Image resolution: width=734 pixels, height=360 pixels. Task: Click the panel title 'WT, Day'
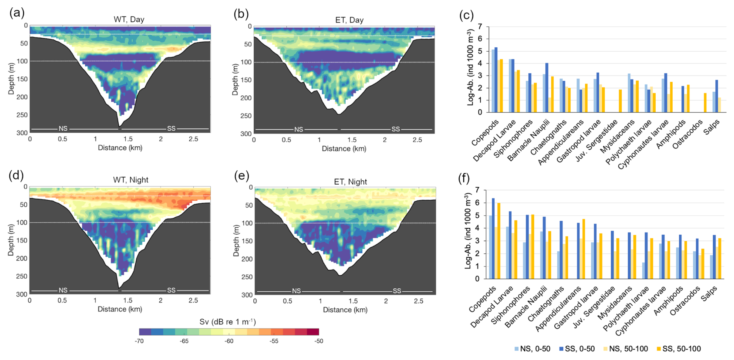pos(129,19)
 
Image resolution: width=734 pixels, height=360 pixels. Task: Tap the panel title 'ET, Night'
pos(350,182)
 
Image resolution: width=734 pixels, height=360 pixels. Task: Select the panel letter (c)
pos(466,15)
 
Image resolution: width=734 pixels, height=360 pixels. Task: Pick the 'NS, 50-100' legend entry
pos(625,349)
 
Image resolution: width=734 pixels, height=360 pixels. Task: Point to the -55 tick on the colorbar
pos(274,341)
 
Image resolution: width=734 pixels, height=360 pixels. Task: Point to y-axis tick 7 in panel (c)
pos(480,27)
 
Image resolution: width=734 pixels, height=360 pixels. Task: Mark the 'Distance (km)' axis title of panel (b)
pos(344,149)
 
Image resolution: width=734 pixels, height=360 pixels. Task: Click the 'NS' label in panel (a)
pos(63,128)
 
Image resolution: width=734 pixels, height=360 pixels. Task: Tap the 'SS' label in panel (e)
pos(397,291)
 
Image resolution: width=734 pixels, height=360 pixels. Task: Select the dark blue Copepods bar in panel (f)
pos(493,239)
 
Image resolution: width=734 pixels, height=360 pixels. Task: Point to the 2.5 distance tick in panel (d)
pos(193,300)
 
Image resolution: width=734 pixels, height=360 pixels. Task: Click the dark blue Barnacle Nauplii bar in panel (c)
pos(547,88)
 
